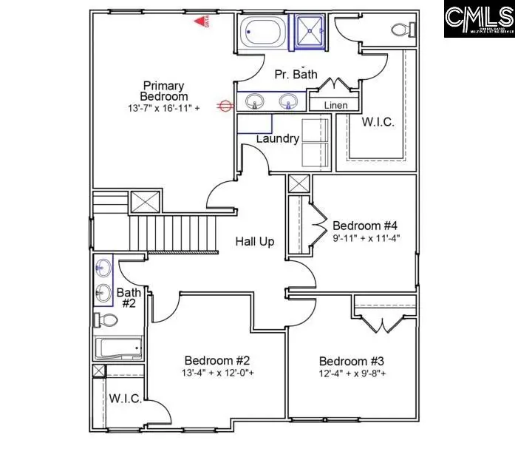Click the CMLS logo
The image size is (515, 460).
[x=479, y=19]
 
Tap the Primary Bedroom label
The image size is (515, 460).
[x=164, y=91]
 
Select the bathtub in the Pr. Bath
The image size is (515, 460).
[x=262, y=33]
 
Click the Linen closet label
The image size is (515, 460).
[x=335, y=106]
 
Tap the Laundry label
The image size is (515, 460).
[x=277, y=138]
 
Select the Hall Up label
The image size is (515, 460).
[x=256, y=241]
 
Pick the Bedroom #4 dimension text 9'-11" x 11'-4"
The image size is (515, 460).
[x=366, y=239]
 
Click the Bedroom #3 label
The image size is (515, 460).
[x=352, y=361]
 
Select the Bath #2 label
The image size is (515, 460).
[x=129, y=298]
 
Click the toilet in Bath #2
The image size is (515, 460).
[x=108, y=320]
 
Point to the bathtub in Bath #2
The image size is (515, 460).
[x=117, y=348]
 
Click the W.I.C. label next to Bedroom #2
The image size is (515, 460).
[x=126, y=399]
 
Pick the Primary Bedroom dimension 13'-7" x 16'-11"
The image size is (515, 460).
[x=163, y=108]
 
